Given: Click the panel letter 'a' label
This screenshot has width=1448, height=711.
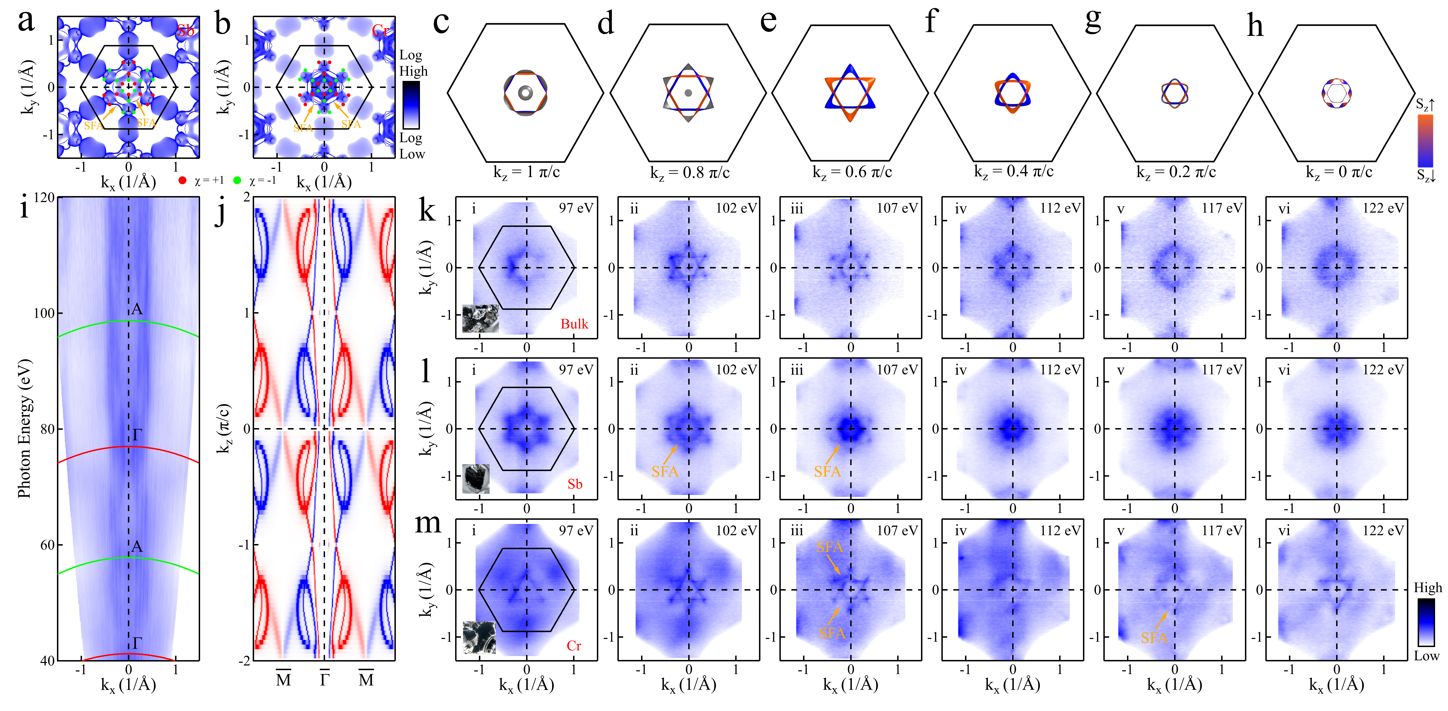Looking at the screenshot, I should [26, 21].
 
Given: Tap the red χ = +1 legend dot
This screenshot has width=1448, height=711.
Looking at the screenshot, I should [182, 180].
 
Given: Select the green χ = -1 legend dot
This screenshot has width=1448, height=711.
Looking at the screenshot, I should [237, 180].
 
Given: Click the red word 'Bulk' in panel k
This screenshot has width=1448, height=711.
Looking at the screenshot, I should [574, 324].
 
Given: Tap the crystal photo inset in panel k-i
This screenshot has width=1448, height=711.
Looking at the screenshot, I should [480, 319].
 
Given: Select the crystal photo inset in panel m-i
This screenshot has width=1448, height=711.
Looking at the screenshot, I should [479, 637].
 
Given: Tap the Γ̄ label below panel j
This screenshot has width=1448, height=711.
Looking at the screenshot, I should [324, 679].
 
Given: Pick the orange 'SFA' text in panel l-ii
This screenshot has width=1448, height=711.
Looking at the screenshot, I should [665, 472].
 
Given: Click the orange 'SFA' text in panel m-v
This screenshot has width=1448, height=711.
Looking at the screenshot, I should [1154, 638].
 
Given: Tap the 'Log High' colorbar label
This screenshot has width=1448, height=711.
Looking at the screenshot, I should [413, 63].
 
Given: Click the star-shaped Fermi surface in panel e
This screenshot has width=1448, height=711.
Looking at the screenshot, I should [850, 93].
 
